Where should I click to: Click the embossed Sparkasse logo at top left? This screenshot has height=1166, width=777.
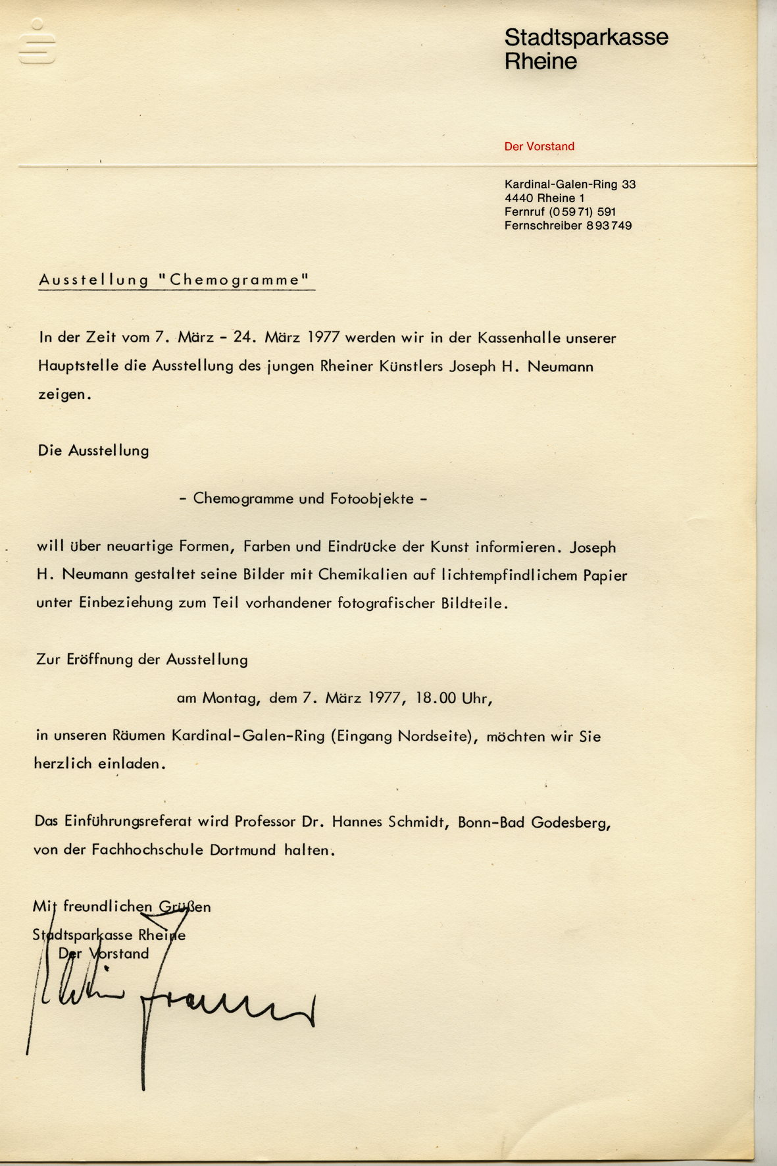pos(37,42)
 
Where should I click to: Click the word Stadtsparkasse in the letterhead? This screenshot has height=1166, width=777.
pos(586,38)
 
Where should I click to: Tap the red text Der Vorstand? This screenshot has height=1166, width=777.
pos(539,146)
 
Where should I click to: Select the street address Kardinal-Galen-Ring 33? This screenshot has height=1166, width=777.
pos(570,184)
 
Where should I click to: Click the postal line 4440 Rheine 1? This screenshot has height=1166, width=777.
pos(544,198)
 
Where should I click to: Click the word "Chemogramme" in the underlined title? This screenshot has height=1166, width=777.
pos(234,280)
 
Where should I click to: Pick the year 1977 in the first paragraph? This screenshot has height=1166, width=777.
pos(323,338)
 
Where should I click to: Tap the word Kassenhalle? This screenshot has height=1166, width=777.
pos(519,338)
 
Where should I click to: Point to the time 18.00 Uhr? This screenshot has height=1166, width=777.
pos(453,698)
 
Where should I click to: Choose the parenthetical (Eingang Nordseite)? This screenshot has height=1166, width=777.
pos(403,736)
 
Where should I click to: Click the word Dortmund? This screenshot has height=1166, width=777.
pos(243,850)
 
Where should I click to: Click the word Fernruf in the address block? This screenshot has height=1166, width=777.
pos(524,212)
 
